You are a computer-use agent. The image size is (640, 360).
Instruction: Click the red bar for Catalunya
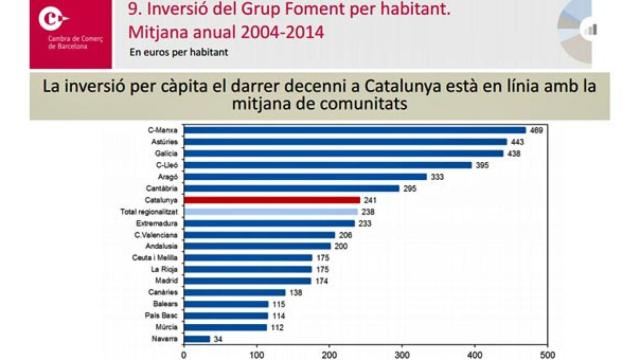[x=271, y=200]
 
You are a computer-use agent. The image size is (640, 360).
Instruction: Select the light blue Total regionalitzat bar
[x=270, y=212]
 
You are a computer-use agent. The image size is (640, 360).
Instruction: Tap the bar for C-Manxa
[x=354, y=130]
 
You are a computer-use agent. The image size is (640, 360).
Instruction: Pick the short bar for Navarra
[x=195, y=339]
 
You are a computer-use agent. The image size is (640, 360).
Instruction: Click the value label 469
[x=537, y=130]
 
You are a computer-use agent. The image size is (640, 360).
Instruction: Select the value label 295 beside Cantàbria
[x=410, y=188]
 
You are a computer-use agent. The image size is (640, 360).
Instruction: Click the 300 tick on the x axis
[x=401, y=353]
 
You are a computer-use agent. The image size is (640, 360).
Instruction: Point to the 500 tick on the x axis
[x=547, y=353]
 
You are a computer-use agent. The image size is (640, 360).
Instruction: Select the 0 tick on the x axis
[x=183, y=353]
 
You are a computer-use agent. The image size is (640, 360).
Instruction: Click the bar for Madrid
[x=246, y=281]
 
